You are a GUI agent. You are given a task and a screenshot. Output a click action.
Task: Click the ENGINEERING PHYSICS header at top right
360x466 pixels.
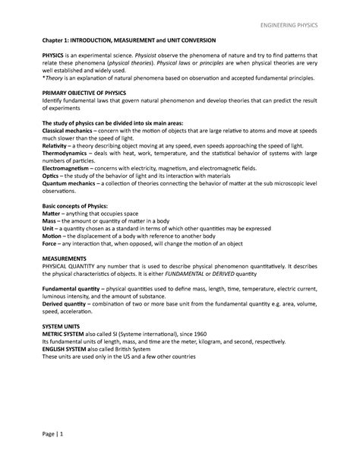pos(287,25)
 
